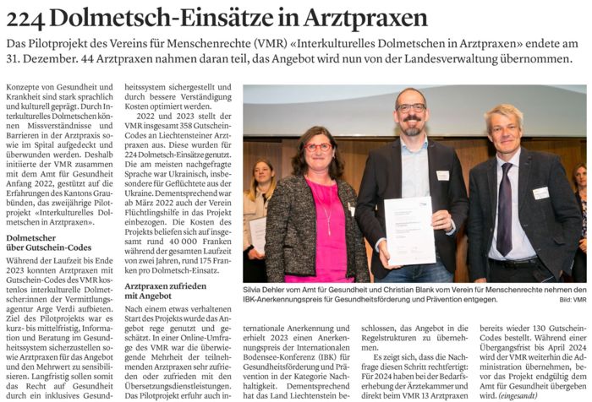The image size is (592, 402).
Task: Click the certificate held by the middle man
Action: (409, 230)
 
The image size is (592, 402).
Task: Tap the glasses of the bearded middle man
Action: (411, 108)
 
